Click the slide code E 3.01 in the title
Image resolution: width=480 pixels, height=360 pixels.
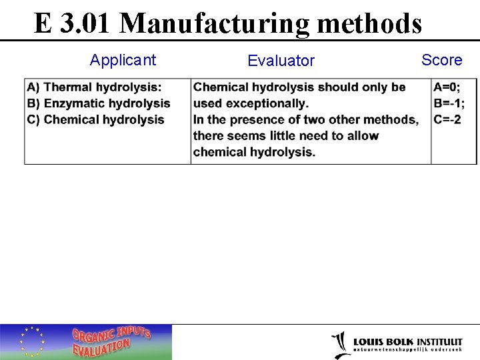tap(74, 23)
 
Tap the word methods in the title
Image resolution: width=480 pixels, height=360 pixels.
tap(369, 23)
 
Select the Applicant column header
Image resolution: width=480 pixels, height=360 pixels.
tap(123, 60)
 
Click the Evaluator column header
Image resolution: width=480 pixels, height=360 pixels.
tap(281, 61)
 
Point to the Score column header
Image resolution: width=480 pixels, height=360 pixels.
tap(441, 60)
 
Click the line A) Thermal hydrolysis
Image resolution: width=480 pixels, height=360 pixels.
tap(94, 87)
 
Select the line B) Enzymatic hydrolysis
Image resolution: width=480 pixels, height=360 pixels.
tap(99, 103)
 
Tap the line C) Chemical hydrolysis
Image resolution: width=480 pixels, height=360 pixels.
tap(95, 119)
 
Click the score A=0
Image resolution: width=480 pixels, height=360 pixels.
tap(447, 87)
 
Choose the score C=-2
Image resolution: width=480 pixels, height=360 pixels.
tap(447, 119)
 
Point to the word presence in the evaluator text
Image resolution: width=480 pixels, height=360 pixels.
tap(255, 119)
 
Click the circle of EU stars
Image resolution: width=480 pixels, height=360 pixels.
tap(33, 341)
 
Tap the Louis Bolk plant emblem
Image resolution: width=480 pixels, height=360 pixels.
tap(340, 344)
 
